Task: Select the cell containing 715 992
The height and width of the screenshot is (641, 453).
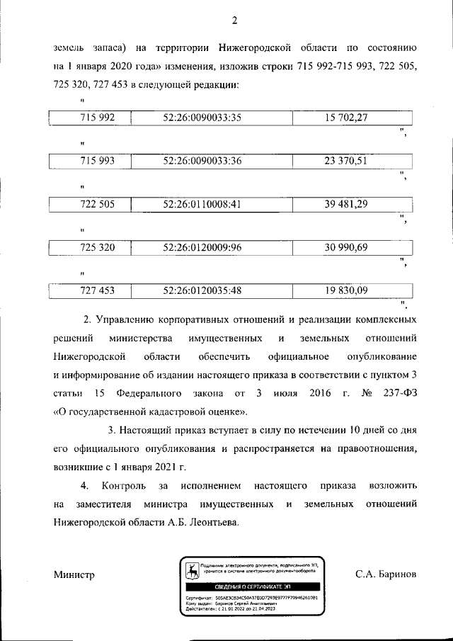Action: point(97,118)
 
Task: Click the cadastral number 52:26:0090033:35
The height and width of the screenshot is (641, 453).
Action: point(202,118)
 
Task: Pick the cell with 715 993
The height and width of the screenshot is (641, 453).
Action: point(97,161)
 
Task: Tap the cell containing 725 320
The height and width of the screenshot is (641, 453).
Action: point(97,247)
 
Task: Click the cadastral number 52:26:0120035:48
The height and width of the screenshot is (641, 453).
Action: point(202,290)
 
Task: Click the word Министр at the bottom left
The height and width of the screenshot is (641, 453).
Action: point(74,574)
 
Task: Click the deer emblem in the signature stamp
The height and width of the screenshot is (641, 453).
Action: point(190,569)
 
